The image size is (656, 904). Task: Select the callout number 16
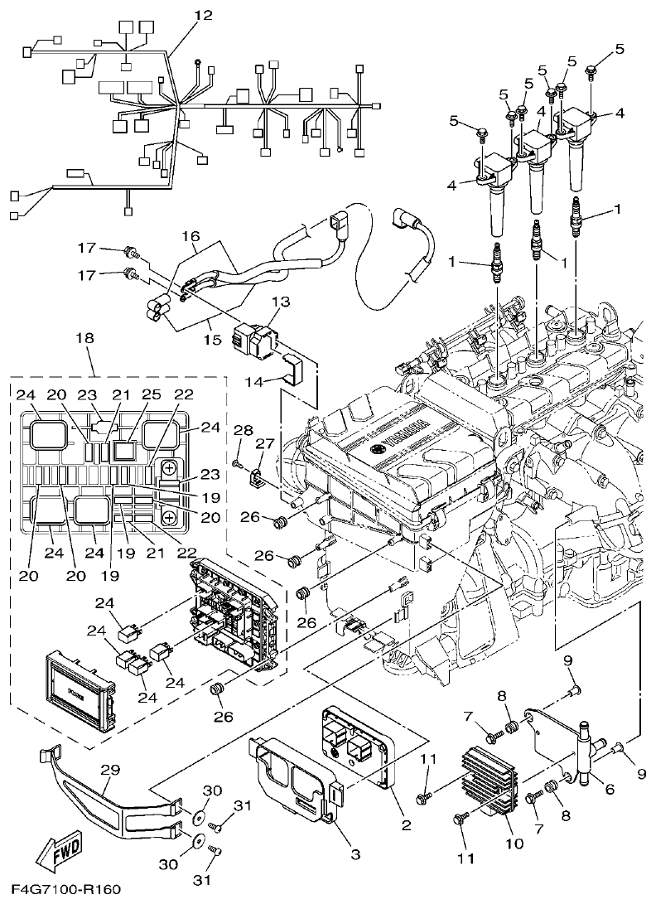[191, 237]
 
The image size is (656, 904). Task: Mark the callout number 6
[610, 790]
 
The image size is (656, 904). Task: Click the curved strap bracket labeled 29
[108, 800]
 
